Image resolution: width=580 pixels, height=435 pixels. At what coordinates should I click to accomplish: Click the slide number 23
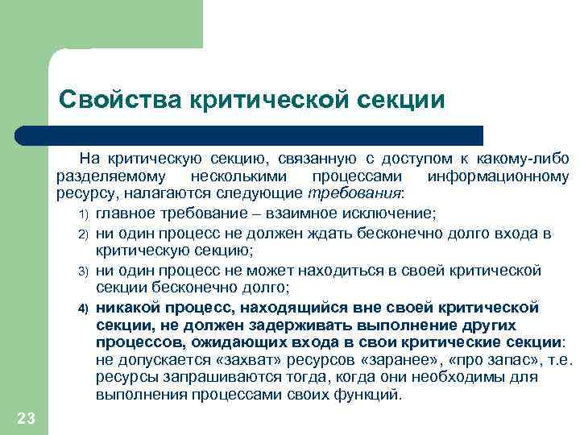pos(26,416)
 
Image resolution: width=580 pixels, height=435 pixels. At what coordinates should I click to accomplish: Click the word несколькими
pos(235,176)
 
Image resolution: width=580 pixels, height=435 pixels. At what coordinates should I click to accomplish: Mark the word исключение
pos(396,213)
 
